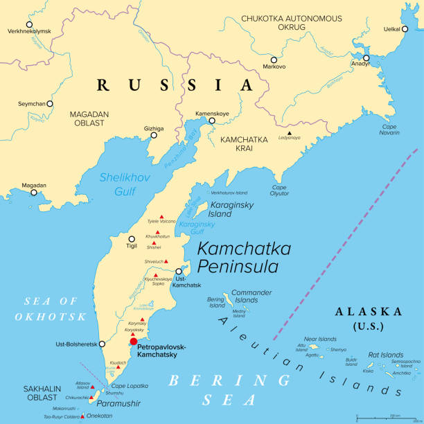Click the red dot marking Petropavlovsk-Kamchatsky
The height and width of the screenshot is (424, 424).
pos(133,341)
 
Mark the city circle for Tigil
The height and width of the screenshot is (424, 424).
pos(132,239)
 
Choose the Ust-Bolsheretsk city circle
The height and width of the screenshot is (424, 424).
pos(102,344)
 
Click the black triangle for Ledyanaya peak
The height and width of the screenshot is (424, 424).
pos(290,132)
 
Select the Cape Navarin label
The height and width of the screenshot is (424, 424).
pos(389,130)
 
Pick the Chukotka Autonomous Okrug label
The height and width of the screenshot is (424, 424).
pos(291,22)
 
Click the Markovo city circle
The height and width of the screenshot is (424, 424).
pos(274,60)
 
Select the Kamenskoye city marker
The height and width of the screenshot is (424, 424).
pos(212,121)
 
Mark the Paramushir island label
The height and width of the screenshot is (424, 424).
pos(118,403)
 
